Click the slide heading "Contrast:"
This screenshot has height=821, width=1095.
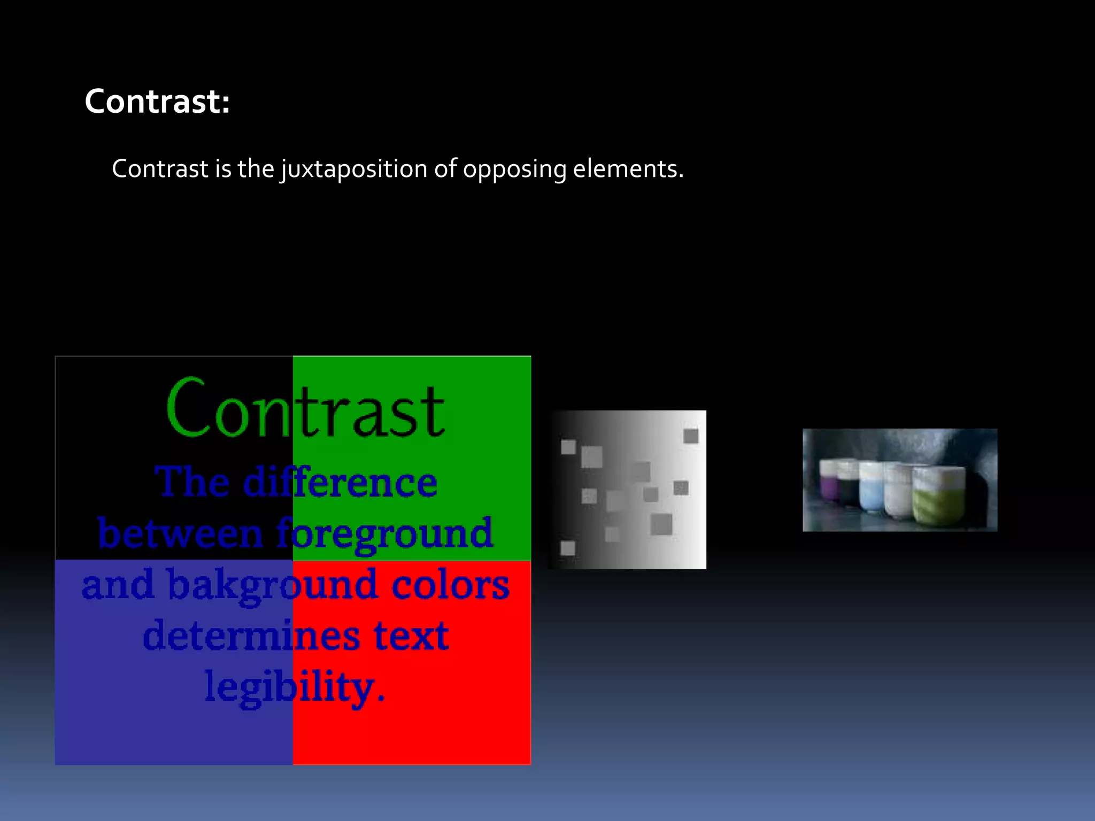coord(157,101)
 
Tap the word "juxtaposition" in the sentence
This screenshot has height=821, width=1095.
coord(354,169)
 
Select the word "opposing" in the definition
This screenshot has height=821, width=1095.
coord(514,169)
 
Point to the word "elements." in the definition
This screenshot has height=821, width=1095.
coord(628,169)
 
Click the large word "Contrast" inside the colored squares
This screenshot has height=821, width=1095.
coord(305,409)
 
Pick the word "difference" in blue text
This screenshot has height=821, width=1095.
coord(340,482)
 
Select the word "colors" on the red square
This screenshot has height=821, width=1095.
coord(450,585)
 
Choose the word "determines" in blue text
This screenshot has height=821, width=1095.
coord(251,636)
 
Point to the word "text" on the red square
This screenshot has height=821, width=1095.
coord(411,636)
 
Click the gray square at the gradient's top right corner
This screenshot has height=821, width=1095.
coord(691,436)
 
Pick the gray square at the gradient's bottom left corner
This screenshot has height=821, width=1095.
coord(568,548)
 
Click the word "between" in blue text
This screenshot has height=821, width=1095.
coord(180,534)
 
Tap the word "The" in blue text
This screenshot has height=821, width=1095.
coord(192,482)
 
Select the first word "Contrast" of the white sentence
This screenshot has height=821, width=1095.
coord(160,169)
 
